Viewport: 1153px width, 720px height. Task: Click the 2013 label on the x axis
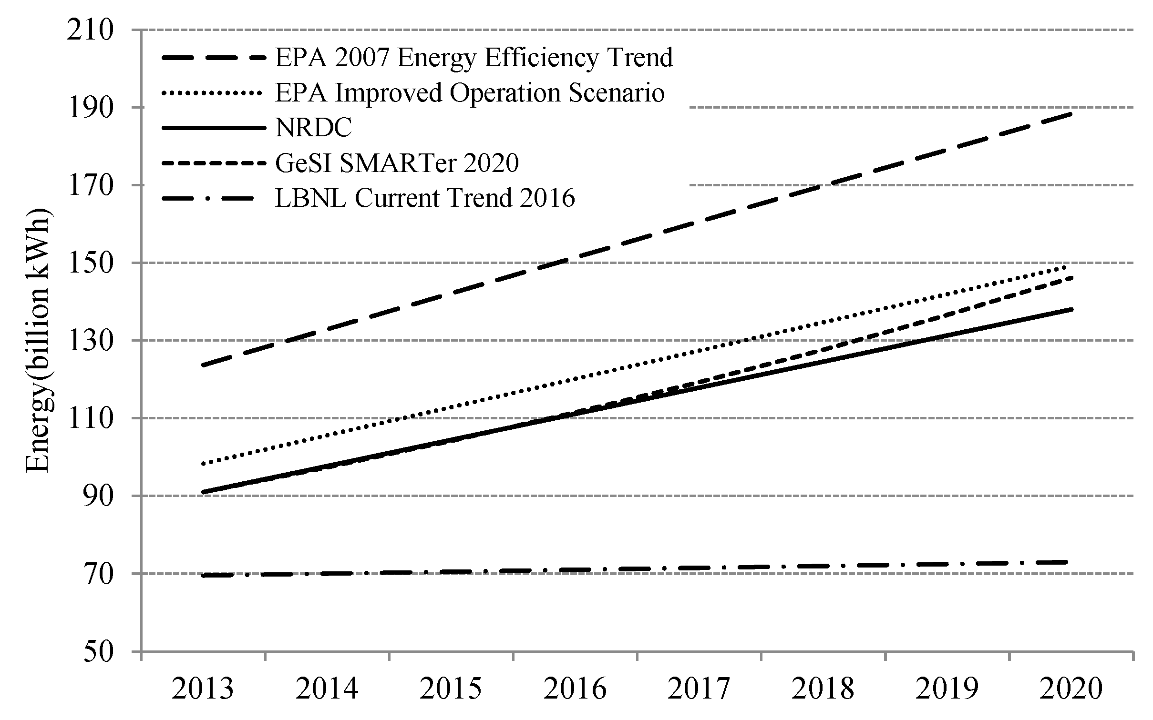tap(203, 690)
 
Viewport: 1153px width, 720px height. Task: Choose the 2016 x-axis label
tap(575, 690)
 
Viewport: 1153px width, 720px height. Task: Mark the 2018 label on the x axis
tap(823, 690)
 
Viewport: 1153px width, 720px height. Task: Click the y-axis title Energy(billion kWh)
tap(38, 340)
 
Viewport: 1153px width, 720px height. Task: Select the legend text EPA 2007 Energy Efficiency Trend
tap(474, 58)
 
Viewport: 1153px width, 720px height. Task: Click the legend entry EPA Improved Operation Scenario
tap(470, 93)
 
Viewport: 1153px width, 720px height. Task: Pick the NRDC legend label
tap(314, 128)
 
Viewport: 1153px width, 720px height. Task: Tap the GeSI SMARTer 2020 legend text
tap(397, 163)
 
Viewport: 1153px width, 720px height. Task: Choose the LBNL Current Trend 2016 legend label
tap(425, 198)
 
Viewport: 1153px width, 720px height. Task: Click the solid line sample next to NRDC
tap(213, 128)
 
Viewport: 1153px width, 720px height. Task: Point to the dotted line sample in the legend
tap(213, 93)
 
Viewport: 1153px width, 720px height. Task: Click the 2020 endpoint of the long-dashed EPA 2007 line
tap(1071, 113)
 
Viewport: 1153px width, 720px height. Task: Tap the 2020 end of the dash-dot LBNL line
tap(1071, 562)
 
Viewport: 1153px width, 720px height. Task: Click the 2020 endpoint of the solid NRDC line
tap(1071, 309)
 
